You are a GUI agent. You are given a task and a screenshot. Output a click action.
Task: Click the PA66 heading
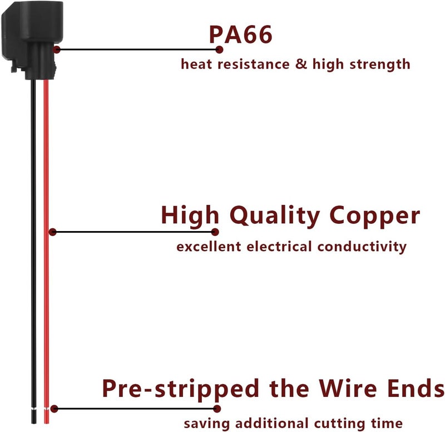[x=241, y=35]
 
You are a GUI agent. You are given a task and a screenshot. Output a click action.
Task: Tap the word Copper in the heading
[x=374, y=216]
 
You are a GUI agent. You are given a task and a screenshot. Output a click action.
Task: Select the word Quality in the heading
[x=275, y=216]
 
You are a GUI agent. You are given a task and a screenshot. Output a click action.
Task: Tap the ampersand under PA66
[x=301, y=63]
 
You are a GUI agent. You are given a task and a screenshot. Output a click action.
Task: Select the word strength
[x=380, y=65]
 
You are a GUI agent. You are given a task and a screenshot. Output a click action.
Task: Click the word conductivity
[x=362, y=247]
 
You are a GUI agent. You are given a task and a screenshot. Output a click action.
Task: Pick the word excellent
[x=209, y=246]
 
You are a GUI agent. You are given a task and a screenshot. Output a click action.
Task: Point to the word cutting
[x=339, y=424]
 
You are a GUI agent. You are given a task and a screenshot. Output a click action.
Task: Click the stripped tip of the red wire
[x=46, y=416]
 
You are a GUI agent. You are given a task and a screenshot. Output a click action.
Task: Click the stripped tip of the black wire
[x=34, y=416]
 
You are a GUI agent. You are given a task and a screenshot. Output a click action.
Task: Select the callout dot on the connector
[x=57, y=50]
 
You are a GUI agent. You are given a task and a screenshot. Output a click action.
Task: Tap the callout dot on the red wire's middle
[x=52, y=232]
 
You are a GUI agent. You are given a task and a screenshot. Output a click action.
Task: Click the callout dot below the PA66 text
[x=219, y=50]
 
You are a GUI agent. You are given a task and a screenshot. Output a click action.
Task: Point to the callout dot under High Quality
[x=215, y=232]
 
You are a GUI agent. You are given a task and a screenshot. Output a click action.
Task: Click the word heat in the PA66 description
[x=196, y=63]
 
